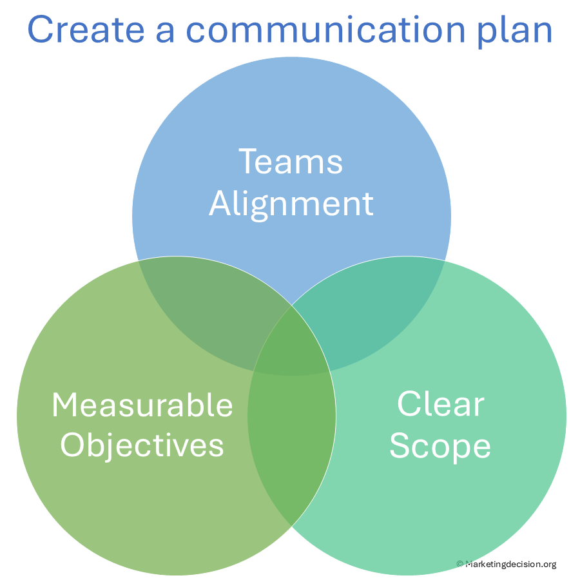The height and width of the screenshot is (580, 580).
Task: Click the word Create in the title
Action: pyautogui.click(x=86, y=29)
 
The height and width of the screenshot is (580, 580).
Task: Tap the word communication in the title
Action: pyautogui.click(x=325, y=29)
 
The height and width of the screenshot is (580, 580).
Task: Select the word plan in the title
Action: pyautogui.click(x=515, y=32)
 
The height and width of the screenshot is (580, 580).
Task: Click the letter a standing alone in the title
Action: pyautogui.click(x=165, y=33)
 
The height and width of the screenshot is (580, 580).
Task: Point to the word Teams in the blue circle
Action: pyautogui.click(x=291, y=161)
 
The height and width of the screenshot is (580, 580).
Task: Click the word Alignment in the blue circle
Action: pyautogui.click(x=291, y=204)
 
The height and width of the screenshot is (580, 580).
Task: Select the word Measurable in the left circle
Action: pyautogui.click(x=142, y=405)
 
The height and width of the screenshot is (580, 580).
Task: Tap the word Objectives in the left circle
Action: pyautogui.click(x=142, y=446)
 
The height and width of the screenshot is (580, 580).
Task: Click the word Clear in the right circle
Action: pyautogui.click(x=441, y=403)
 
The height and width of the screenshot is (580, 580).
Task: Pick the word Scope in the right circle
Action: pyautogui.click(x=440, y=446)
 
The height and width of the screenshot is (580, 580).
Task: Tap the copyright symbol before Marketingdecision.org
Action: pyautogui.click(x=459, y=564)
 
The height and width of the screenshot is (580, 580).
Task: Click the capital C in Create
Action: pyautogui.click(x=39, y=29)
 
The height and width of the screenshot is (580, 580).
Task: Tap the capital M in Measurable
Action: pyautogui.click(x=66, y=405)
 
